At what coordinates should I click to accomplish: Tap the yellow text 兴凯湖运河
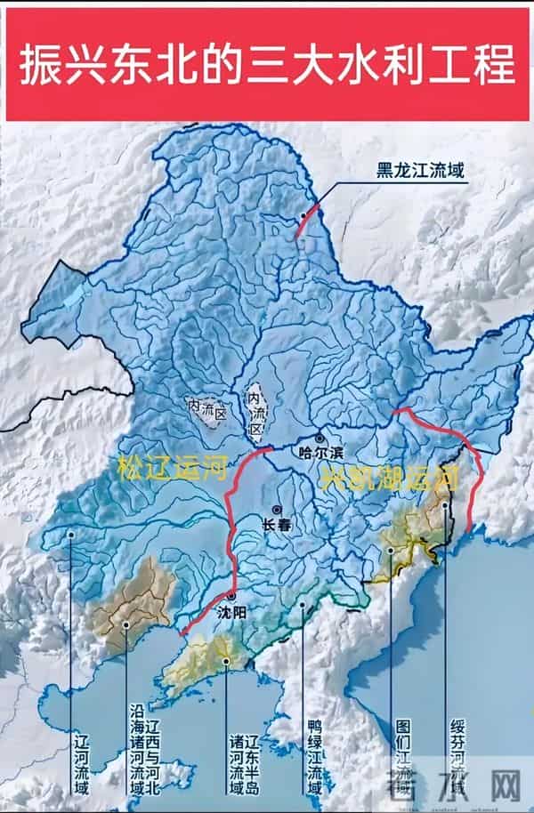coord(389,478)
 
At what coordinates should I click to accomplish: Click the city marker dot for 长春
coord(278,510)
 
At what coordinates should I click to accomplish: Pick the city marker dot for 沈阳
coord(231,596)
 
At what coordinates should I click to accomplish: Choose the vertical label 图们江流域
coord(401,752)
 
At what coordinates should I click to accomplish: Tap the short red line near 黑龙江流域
coord(304,222)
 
